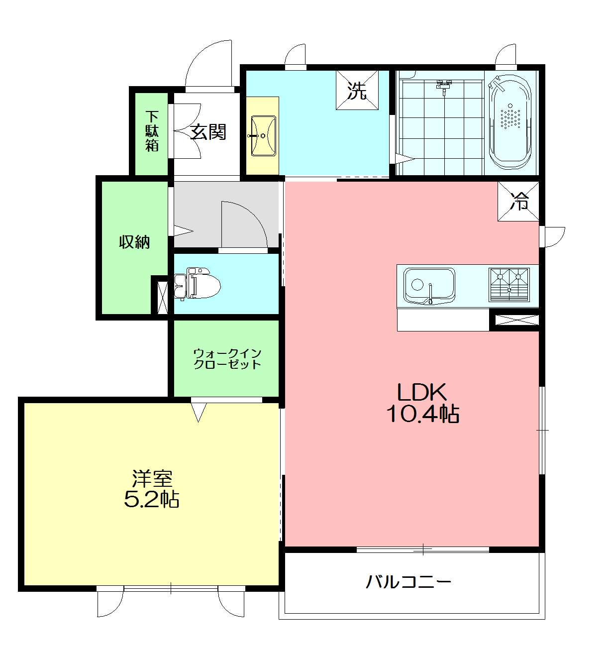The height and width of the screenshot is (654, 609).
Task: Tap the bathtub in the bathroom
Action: pos(510,122)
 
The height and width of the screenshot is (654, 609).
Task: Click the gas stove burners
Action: pos(509,285)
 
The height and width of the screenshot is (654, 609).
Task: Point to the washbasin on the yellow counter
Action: pos(263,135)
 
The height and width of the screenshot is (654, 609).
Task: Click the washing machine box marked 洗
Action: pos(357,90)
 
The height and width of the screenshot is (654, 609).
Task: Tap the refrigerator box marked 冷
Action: pos(518,201)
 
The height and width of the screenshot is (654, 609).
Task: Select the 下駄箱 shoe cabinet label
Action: pos(152,131)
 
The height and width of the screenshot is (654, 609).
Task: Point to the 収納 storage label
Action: pos(134,242)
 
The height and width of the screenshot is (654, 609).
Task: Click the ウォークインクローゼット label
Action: pos(227,359)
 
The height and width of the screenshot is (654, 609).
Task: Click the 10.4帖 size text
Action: pos(423,414)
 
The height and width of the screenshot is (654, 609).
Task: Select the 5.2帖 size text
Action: pos(151,500)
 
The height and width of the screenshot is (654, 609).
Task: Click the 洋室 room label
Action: pos(152,478)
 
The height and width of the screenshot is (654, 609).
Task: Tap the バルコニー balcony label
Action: pos(408,582)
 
